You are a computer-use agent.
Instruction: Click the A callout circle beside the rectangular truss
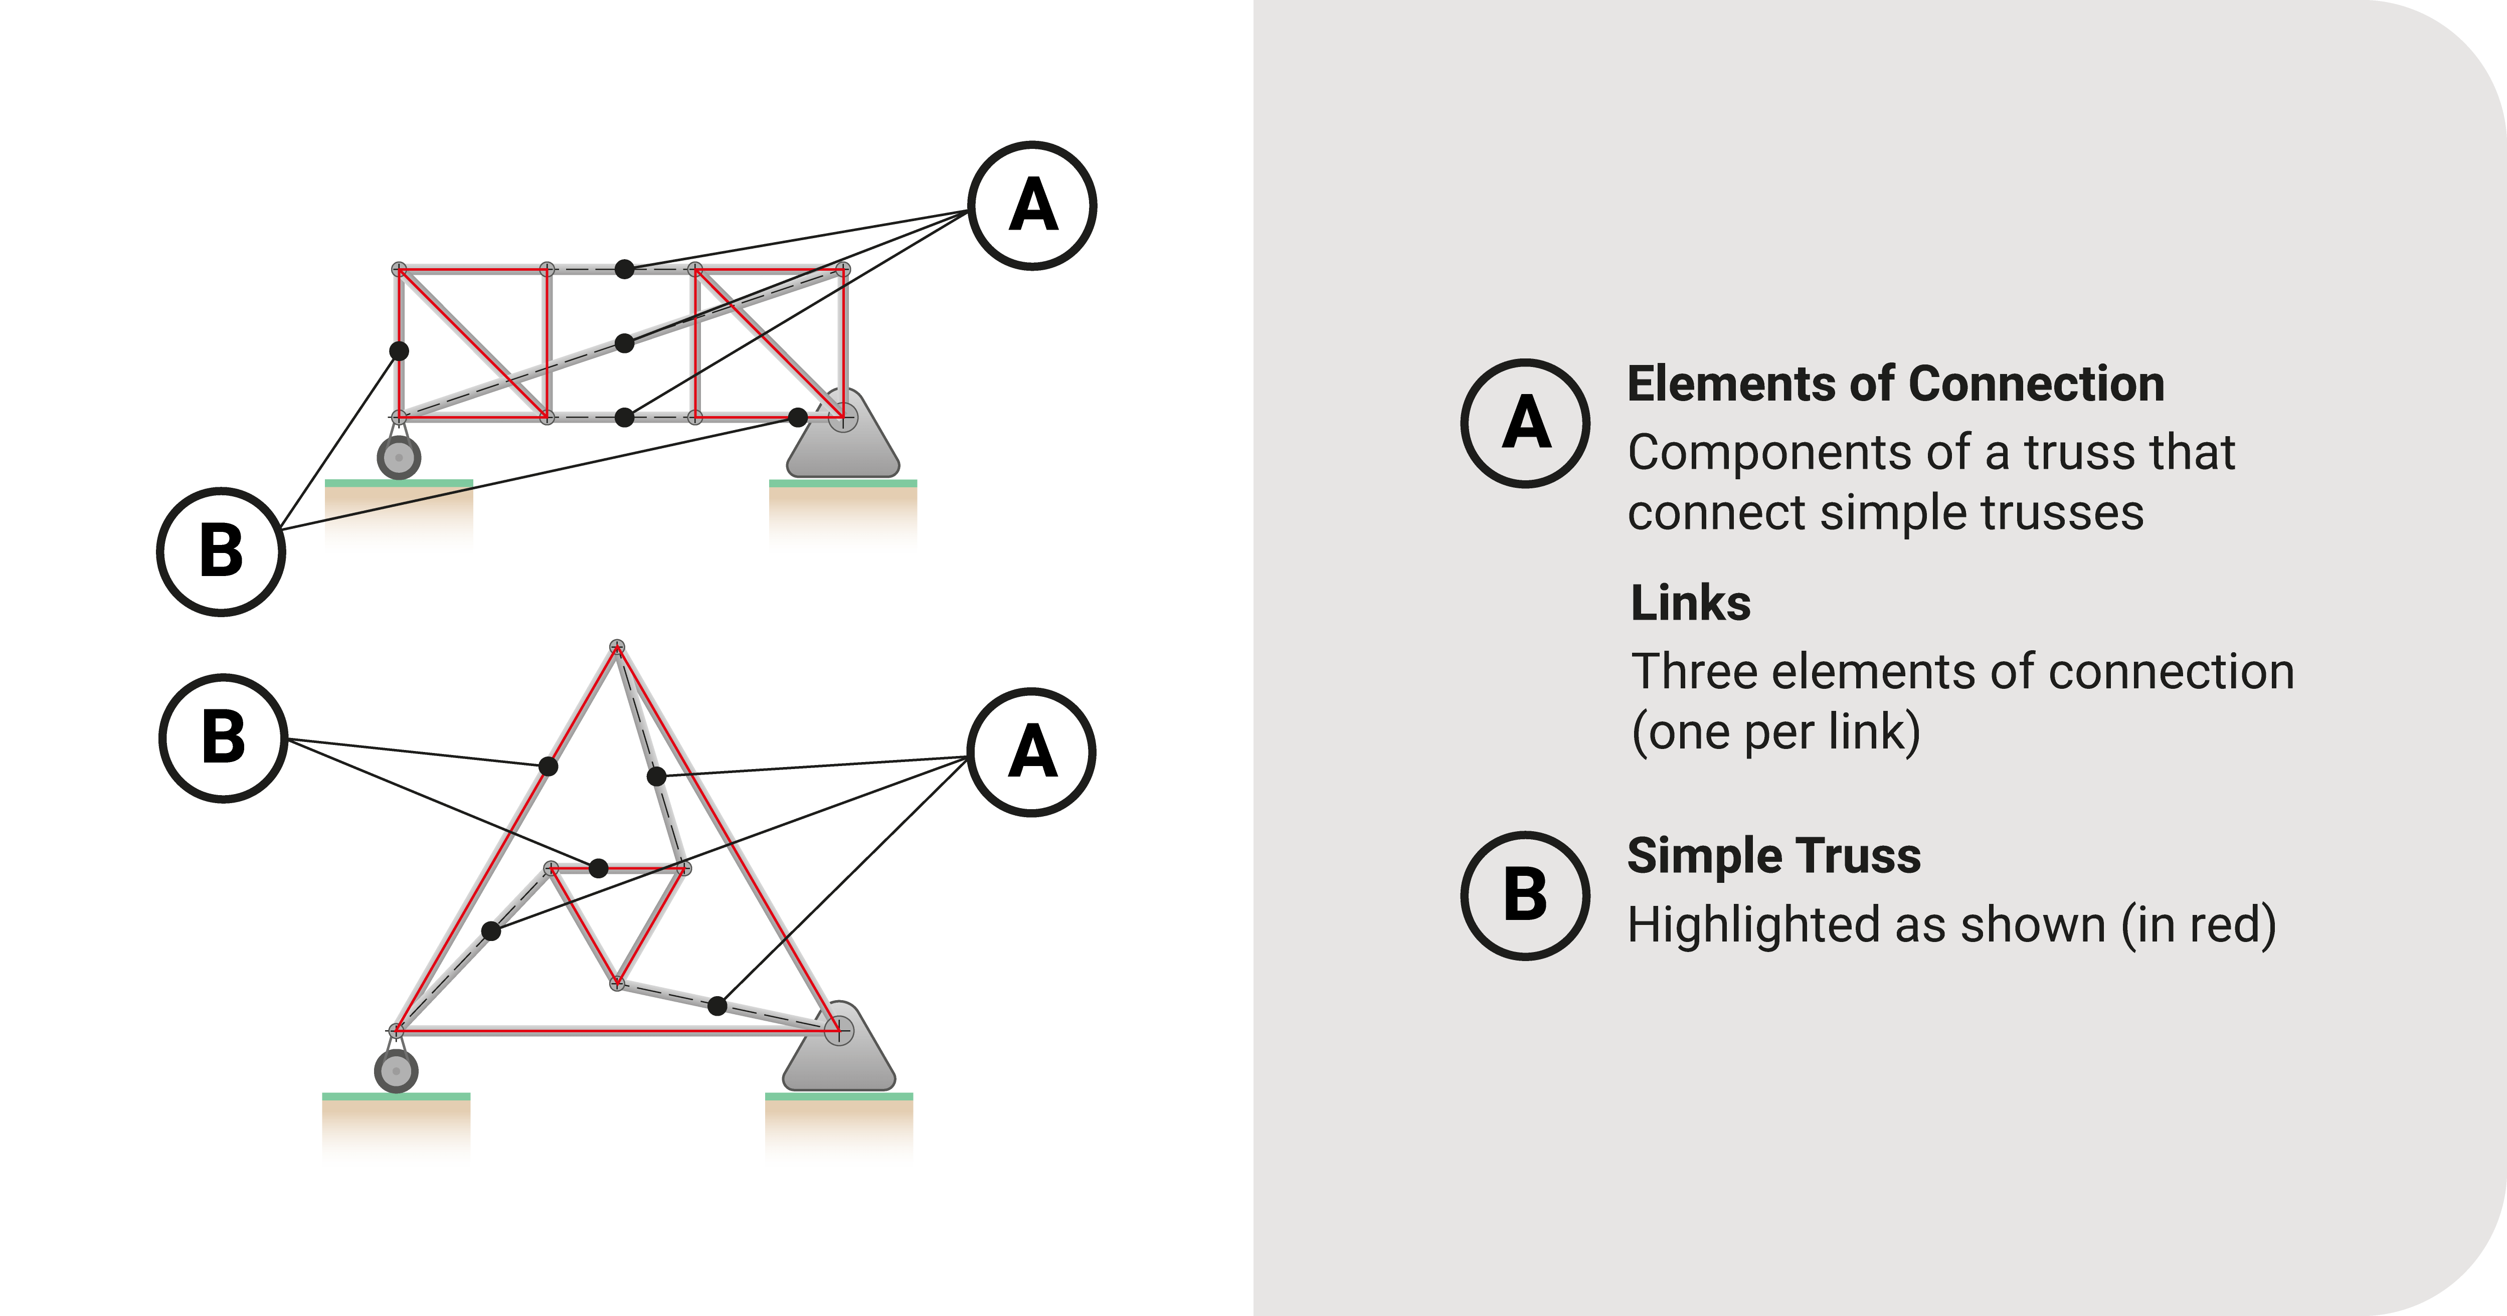[1032, 206]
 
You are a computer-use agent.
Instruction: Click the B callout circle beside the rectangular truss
[221, 551]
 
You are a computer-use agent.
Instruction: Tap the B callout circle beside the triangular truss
[223, 738]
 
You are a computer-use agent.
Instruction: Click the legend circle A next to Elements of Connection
[1525, 424]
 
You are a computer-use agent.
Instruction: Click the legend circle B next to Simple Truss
[1525, 895]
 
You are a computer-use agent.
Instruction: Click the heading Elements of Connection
[1895, 384]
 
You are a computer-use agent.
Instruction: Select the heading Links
[1691, 604]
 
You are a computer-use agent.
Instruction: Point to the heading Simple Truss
[1773, 856]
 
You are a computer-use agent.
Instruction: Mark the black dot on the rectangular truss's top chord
[625, 269]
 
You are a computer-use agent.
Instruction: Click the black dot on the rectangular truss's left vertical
[399, 350]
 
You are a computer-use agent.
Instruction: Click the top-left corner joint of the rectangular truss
[399, 269]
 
